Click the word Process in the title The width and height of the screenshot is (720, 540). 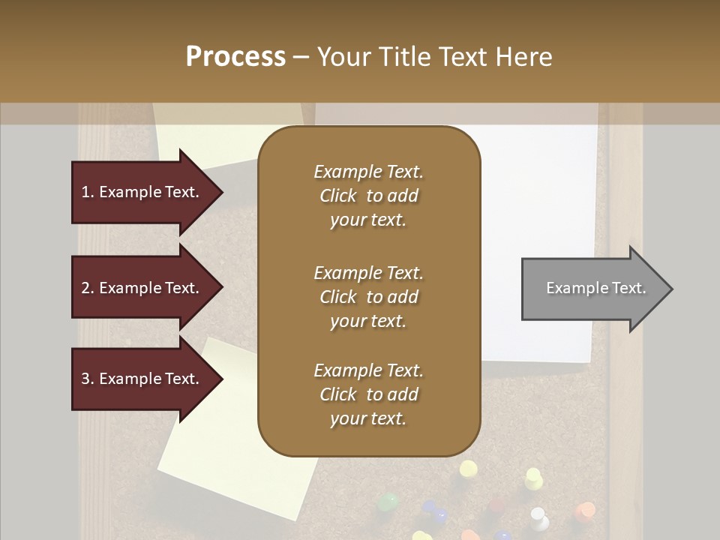235,56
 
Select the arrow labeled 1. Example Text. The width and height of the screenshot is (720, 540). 142,192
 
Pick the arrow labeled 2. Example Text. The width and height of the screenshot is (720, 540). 142,288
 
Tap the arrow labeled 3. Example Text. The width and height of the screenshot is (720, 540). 142,379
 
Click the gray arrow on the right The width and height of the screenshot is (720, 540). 592,289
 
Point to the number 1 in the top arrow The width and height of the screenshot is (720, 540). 85,192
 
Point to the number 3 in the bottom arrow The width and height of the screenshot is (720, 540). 85,379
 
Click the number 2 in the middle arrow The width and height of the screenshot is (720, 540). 85,288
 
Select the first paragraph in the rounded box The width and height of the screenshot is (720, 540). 368,196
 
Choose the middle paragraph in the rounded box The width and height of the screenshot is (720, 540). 368,297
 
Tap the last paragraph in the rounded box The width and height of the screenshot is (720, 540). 368,394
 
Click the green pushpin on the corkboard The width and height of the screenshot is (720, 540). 388,501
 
